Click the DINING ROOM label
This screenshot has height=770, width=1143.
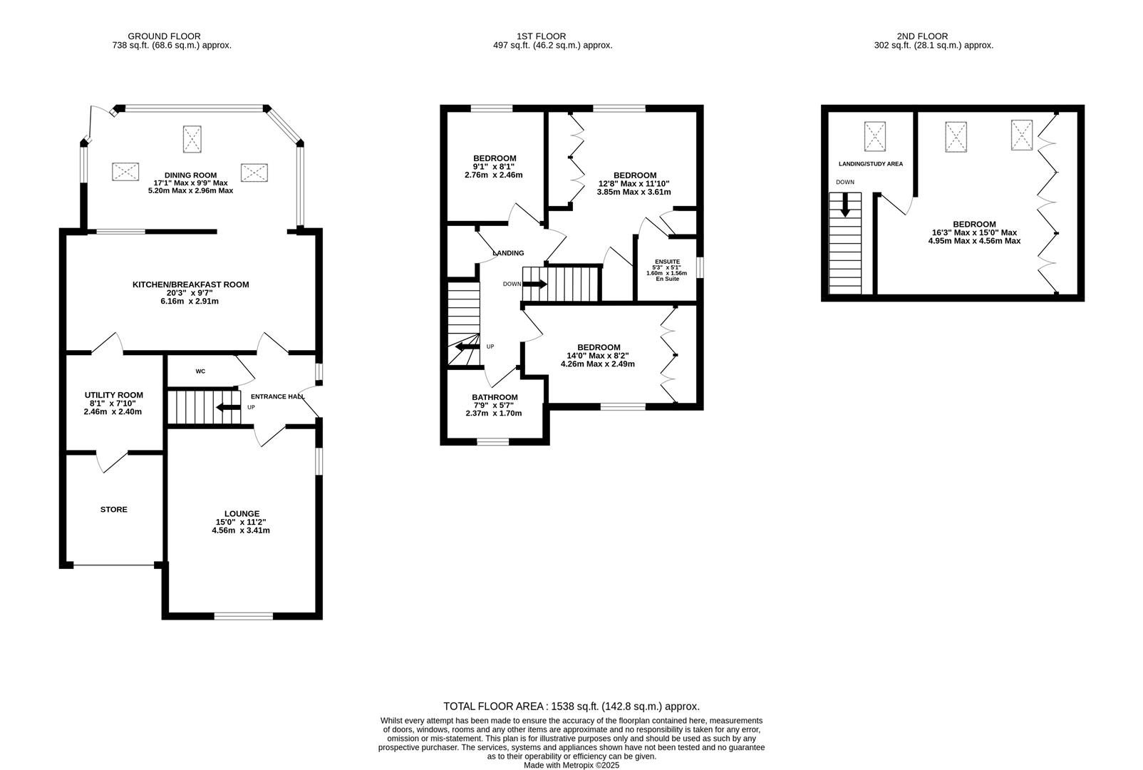(x=190, y=175)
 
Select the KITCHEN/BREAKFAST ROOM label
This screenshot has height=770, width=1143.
(x=190, y=284)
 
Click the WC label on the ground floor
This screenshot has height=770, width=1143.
(x=200, y=371)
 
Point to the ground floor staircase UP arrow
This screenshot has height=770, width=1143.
(x=228, y=408)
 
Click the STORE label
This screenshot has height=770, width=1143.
(x=114, y=510)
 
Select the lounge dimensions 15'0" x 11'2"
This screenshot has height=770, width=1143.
(x=241, y=522)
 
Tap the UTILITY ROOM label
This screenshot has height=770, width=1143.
(x=113, y=395)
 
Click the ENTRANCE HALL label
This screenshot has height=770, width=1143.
(x=277, y=397)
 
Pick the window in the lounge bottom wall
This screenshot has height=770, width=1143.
(x=243, y=616)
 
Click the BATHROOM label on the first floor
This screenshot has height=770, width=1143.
(x=495, y=398)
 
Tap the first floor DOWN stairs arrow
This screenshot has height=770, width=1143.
(x=534, y=284)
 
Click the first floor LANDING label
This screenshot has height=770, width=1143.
(x=508, y=253)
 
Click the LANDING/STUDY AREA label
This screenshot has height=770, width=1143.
(x=870, y=164)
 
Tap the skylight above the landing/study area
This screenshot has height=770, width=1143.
(x=875, y=136)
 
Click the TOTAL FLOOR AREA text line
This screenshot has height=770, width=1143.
(x=571, y=707)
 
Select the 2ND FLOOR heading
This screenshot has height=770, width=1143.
(x=923, y=36)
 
